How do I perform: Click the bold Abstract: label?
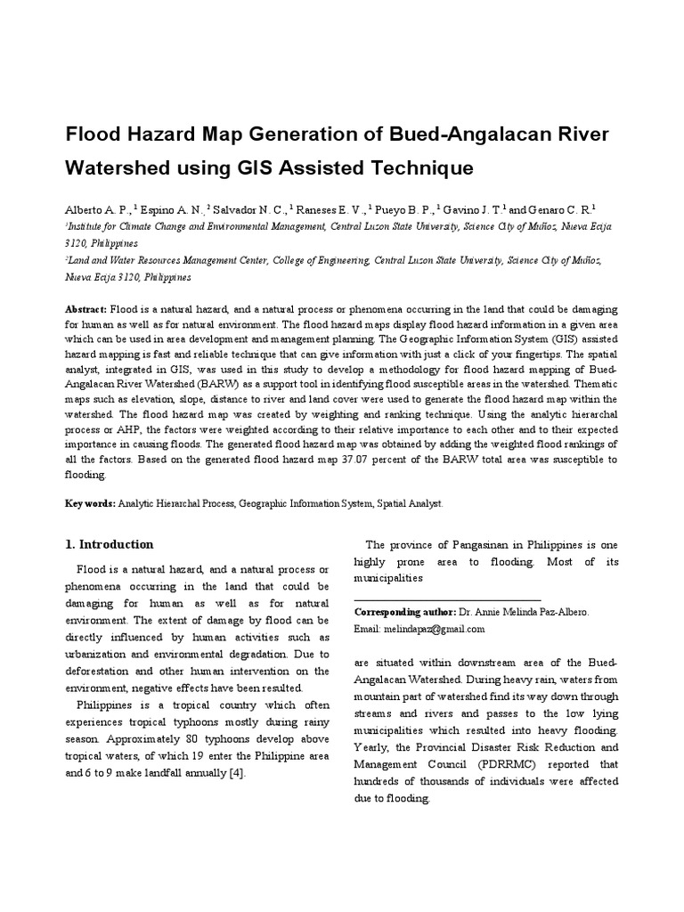point(85,307)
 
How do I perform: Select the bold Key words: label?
point(90,503)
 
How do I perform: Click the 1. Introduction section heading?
point(110,544)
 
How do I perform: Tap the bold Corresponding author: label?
point(404,613)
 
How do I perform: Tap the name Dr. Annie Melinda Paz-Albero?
point(523,613)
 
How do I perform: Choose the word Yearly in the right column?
point(374,746)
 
